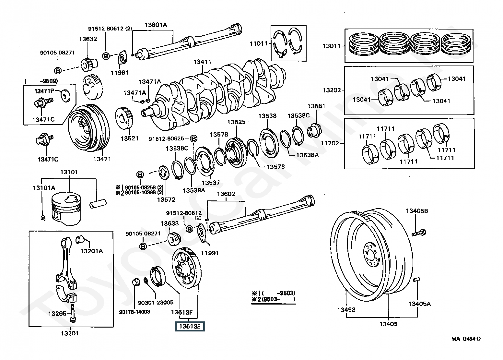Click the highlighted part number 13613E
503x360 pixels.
tap(190, 327)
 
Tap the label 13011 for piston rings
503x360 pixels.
tap(332, 46)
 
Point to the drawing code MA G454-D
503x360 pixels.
tap(466, 339)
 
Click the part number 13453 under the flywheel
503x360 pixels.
tap(346, 310)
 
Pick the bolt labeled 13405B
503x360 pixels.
tap(420, 232)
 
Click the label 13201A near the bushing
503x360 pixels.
tap(91, 251)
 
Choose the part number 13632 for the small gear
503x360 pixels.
tap(88, 39)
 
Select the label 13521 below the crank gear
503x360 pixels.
tap(130, 138)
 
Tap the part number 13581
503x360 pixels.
tap(316, 106)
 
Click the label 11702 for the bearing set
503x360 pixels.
tap(330, 143)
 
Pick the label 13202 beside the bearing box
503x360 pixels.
tap(332, 90)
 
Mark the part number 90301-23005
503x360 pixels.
tap(156, 303)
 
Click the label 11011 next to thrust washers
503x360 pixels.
tap(258, 43)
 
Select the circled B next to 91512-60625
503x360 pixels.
tap(193, 139)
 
